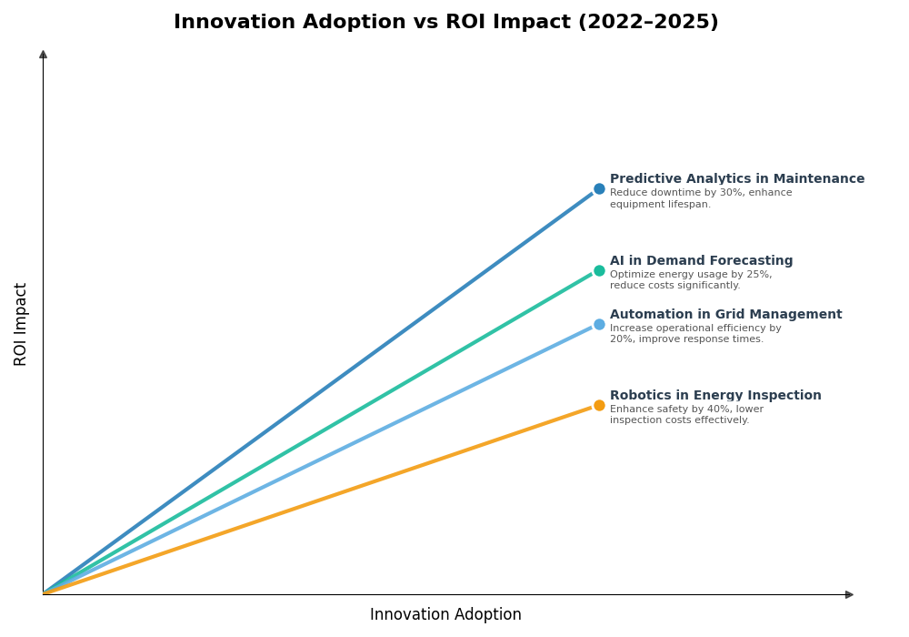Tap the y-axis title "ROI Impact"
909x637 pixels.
click(21, 324)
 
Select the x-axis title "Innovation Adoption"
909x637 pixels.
click(445, 615)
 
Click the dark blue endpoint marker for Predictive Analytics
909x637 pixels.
click(599, 189)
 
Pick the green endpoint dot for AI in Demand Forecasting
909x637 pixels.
click(599, 270)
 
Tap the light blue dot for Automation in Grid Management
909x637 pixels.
click(599, 324)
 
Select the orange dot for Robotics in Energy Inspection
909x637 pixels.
click(599, 406)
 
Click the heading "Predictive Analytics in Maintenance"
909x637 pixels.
click(736, 179)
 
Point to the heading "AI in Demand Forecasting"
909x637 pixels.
click(701, 261)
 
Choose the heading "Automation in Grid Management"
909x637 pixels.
click(725, 315)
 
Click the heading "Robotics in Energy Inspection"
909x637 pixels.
click(715, 396)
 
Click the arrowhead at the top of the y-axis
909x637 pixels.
click(43, 55)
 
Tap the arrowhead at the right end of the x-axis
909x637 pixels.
click(849, 594)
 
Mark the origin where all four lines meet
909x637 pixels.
click(44, 594)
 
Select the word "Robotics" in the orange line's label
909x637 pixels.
click(636, 396)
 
